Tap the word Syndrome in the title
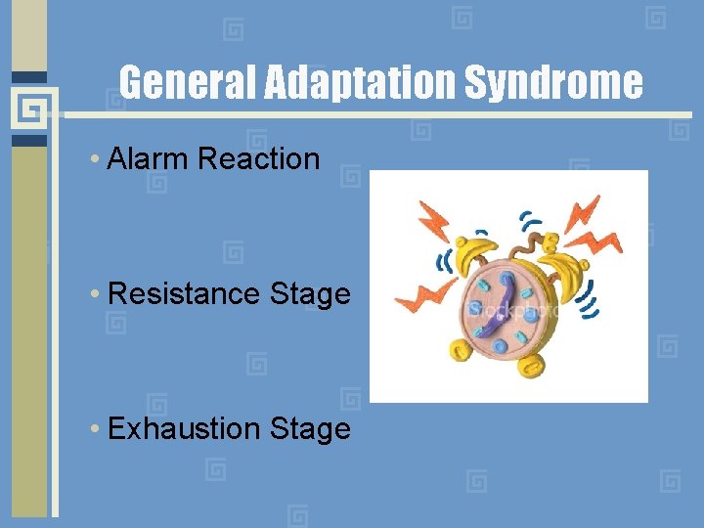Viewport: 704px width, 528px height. (552, 83)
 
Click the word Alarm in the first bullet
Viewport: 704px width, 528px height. (149, 158)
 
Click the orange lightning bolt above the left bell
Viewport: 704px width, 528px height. (433, 219)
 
